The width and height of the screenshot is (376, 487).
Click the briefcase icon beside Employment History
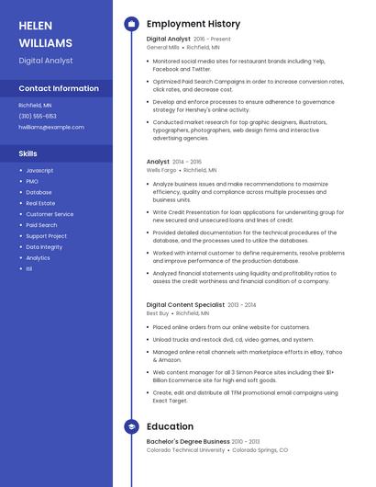(131, 24)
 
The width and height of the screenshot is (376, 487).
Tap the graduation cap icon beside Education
(131, 426)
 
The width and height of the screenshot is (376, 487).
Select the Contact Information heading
(59, 88)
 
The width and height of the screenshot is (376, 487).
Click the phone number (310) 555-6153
(38, 116)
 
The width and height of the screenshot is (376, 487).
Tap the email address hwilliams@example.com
(50, 127)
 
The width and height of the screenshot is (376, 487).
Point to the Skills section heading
(28, 153)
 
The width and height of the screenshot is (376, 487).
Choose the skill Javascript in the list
(39, 171)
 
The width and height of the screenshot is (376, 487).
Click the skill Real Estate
(40, 203)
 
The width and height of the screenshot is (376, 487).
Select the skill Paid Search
(41, 225)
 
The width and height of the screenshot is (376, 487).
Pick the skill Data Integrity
(44, 247)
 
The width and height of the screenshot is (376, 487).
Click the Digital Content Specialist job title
(185, 304)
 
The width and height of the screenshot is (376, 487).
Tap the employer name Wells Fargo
(160, 170)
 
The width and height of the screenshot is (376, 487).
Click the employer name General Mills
(163, 47)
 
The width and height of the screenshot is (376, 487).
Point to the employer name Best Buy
(157, 313)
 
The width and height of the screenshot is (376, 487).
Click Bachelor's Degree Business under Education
(188, 442)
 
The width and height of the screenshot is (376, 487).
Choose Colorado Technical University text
(185, 450)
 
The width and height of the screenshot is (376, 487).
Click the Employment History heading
(194, 24)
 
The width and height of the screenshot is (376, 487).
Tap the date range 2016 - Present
(213, 39)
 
